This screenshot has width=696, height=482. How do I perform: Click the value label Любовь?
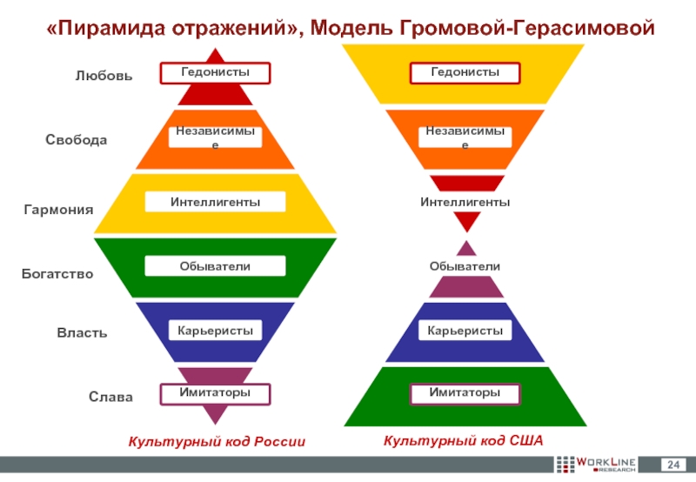tap(104, 77)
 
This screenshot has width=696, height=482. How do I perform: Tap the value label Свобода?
tap(77, 140)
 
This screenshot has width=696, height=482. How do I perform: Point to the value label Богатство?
tap(57, 274)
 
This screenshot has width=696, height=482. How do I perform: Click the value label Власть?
tap(83, 333)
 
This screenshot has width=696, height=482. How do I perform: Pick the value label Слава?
tap(110, 398)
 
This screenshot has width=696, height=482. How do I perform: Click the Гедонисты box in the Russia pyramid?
tap(215, 72)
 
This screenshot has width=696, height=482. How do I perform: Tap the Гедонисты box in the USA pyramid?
tap(465, 72)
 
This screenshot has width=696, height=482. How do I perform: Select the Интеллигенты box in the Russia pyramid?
tap(215, 202)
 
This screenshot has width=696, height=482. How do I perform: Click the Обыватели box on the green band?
tap(215, 266)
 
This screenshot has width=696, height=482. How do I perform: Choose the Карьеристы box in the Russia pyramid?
tap(215, 331)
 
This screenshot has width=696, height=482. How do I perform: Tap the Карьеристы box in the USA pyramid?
tap(465, 331)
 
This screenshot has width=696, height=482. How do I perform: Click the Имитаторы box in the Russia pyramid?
tap(215, 394)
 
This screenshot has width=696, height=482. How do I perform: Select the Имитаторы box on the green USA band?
tap(465, 394)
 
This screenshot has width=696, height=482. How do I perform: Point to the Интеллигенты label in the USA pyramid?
tap(465, 202)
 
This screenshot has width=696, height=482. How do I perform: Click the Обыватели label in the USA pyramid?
tap(465, 265)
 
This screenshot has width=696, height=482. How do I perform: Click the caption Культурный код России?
tap(217, 442)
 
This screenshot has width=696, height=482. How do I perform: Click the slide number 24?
tap(673, 461)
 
